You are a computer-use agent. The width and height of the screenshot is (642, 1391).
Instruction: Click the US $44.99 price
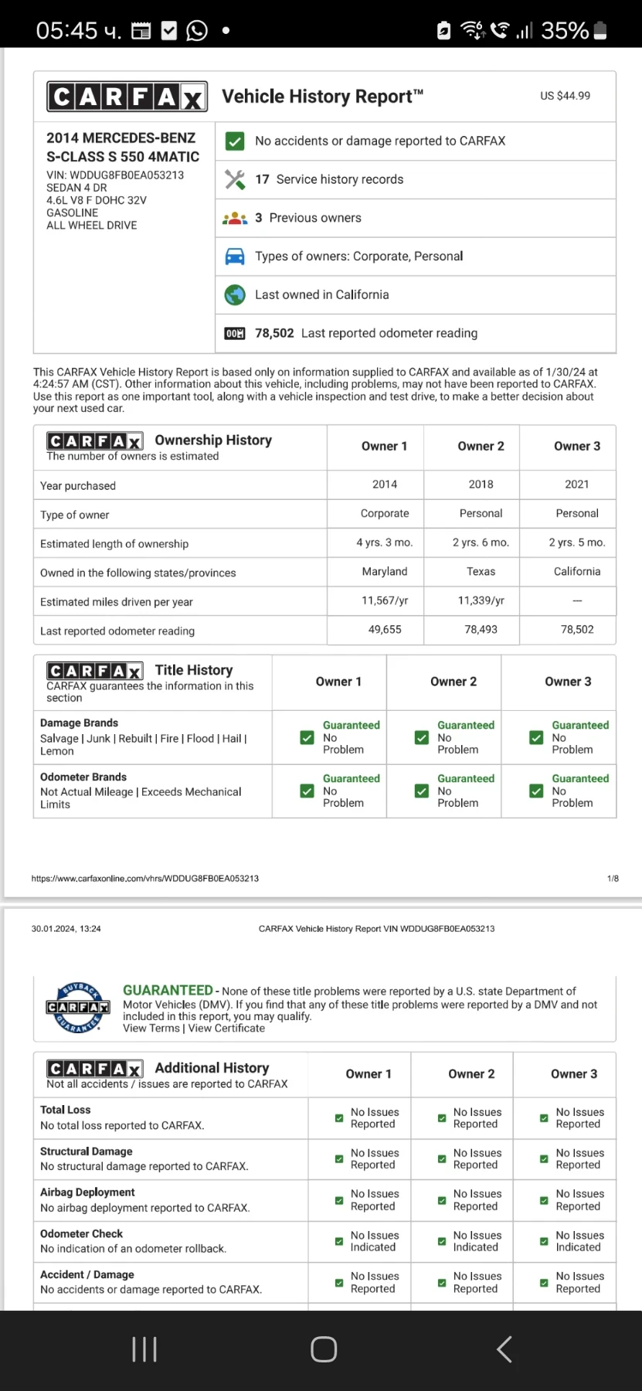[x=565, y=96]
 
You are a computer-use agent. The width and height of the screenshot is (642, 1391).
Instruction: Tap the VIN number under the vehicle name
[x=115, y=175]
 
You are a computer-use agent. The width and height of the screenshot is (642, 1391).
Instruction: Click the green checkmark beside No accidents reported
[x=235, y=141]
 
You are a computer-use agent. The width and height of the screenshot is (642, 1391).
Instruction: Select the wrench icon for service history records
[x=235, y=179]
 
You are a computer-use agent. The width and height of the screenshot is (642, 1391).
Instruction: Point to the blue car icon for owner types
[x=235, y=257]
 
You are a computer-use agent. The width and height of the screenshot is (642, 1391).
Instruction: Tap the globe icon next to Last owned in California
[x=235, y=295]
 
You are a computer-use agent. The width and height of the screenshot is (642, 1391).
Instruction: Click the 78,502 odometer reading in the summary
[x=274, y=333]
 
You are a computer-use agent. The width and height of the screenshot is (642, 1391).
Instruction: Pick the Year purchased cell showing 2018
[x=481, y=485]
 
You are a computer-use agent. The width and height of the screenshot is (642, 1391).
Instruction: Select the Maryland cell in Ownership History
[x=385, y=572]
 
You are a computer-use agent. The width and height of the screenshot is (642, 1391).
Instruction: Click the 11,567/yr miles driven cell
[x=385, y=600]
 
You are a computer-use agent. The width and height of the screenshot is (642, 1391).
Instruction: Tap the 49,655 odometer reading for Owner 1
[x=385, y=630]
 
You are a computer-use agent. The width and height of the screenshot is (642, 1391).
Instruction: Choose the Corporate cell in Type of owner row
[x=385, y=514]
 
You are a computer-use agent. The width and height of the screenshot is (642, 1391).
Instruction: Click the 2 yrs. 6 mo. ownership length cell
[x=481, y=542]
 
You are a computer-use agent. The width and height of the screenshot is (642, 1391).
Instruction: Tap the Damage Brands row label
[x=80, y=723]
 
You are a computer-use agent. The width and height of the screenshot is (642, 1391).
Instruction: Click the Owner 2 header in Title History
[x=453, y=682]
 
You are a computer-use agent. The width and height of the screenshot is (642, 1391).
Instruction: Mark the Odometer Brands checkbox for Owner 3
[x=536, y=791]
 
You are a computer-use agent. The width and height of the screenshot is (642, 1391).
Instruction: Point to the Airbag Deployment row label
[x=87, y=1192]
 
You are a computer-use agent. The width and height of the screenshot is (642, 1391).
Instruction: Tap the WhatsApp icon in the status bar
[x=197, y=30]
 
